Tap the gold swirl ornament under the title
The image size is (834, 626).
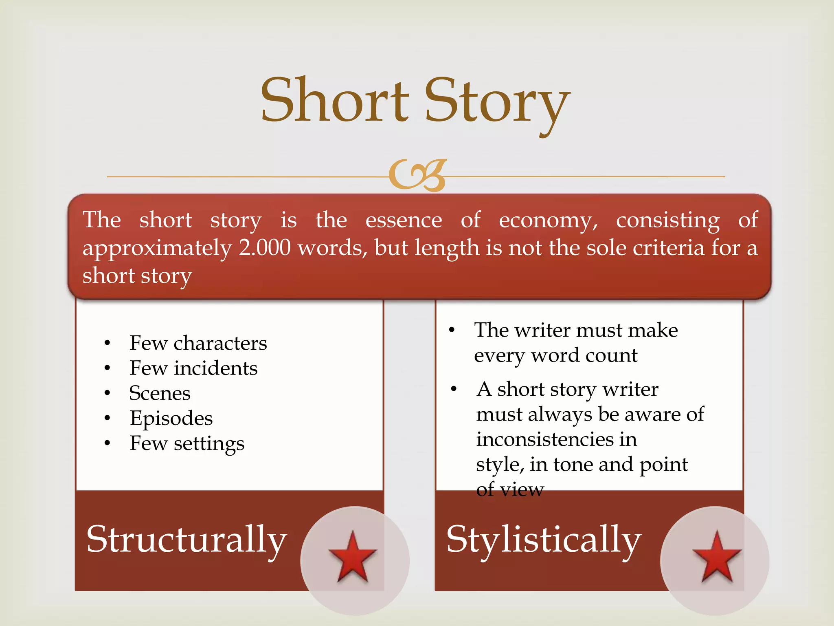click(x=417, y=175)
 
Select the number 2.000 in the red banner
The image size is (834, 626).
click(x=265, y=248)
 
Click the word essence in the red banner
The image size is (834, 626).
click(x=404, y=220)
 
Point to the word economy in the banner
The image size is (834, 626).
click(x=548, y=221)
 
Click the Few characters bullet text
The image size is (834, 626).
click(x=198, y=343)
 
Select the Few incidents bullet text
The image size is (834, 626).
click(x=193, y=368)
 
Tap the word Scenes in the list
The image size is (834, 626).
click(x=160, y=393)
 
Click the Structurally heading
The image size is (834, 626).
click(x=187, y=540)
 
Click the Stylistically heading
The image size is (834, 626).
click(x=544, y=540)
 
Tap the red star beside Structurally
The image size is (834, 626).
click(x=353, y=557)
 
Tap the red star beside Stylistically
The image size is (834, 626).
click(x=717, y=557)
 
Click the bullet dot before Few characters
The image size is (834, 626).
click(x=107, y=343)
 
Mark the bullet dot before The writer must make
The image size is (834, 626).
click(x=451, y=330)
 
